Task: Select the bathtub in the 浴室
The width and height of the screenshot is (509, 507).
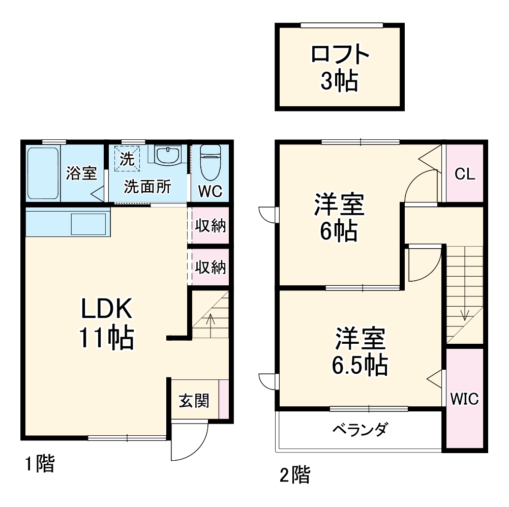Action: point(43,173)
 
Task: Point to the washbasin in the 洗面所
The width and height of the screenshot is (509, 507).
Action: point(168,155)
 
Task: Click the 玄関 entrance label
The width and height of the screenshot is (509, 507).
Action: point(193,401)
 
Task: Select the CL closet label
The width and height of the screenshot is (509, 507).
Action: point(465,174)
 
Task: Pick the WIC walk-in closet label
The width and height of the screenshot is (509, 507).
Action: point(464,399)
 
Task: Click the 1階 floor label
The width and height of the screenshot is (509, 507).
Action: point(40,464)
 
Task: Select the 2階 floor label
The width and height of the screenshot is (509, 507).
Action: point(294,475)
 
